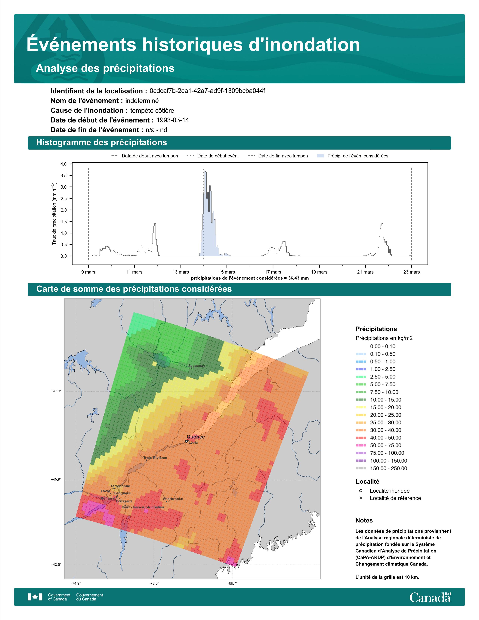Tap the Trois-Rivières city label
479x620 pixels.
point(155,458)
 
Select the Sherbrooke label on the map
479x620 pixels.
point(173,499)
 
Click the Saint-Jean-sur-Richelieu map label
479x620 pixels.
point(143,507)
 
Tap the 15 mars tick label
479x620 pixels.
point(227,272)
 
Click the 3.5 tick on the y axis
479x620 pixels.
point(63,175)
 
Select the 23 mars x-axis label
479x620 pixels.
point(411,272)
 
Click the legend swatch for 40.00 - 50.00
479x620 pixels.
point(361,437)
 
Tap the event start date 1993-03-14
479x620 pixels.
point(172,120)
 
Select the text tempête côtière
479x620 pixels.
point(152,110)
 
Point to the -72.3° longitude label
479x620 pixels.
point(154,583)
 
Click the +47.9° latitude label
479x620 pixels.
point(56,391)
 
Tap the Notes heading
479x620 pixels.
point(364,520)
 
